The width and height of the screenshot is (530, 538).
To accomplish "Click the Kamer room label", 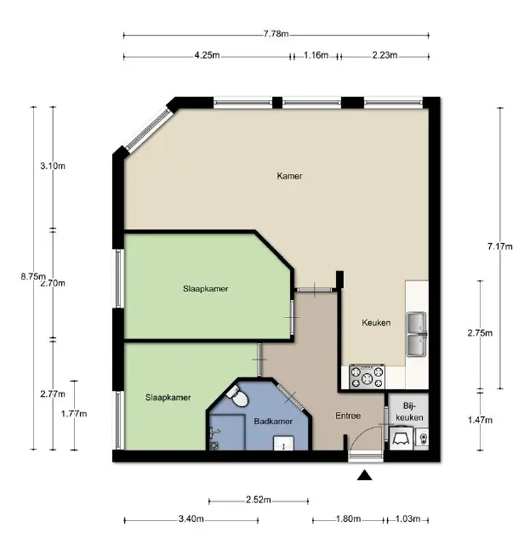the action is tap(289, 176).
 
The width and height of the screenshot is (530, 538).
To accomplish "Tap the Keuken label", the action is tap(376, 322).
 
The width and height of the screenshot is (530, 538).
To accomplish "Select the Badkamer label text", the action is tap(273, 422).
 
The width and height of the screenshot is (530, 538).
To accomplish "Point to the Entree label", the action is tap(348, 416).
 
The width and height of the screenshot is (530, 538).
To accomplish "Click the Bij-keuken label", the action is tap(409, 411).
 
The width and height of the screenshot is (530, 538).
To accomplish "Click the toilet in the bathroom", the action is tap(237, 396).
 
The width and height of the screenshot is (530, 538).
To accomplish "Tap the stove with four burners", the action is tap(367, 377).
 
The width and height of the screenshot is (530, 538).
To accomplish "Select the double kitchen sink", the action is tap(417, 334).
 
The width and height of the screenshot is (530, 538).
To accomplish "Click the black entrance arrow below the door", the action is tap(364, 475).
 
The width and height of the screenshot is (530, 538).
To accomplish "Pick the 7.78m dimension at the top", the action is tap(276, 34).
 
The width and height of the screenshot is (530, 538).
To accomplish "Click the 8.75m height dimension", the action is tap(33, 276).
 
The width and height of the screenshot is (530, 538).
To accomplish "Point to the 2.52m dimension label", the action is tap(259, 500).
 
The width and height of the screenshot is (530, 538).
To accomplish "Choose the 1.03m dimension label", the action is tap(407, 518).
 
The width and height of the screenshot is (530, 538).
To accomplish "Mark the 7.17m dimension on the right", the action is tap(500, 246).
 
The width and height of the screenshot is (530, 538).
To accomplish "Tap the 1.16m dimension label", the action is tap(316, 55).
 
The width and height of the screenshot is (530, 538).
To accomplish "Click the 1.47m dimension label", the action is tap(480, 420).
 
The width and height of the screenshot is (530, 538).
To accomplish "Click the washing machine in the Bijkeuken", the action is tap(402, 438).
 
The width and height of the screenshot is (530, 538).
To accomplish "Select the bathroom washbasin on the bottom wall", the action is tap(283, 443).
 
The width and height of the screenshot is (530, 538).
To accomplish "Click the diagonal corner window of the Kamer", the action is tap(148, 130).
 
